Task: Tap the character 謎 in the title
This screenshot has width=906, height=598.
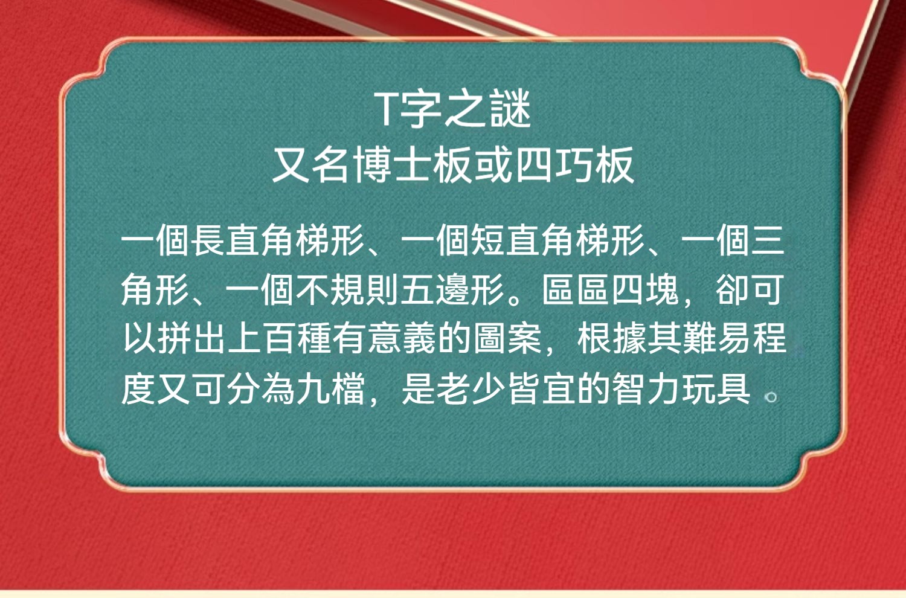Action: point(510,109)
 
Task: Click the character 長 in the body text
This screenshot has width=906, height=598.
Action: point(208,240)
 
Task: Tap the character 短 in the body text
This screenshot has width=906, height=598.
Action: point(488,240)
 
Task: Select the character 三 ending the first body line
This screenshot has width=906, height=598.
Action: point(768,240)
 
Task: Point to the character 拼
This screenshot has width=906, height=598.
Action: point(174,338)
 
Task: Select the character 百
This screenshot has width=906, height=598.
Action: point(279,338)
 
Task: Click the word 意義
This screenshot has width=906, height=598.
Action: point(401,338)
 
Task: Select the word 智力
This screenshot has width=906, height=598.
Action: point(646,388)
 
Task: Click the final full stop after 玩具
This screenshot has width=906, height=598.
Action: point(771,397)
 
